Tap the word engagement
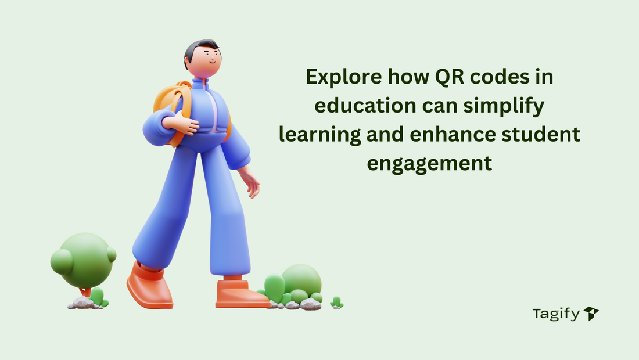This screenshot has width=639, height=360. (429, 163)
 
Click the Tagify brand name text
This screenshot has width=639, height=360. (556, 314)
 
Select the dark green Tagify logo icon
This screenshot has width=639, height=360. (591, 314)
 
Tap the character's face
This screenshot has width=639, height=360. (207, 62)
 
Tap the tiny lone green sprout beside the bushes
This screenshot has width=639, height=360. (336, 302)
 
